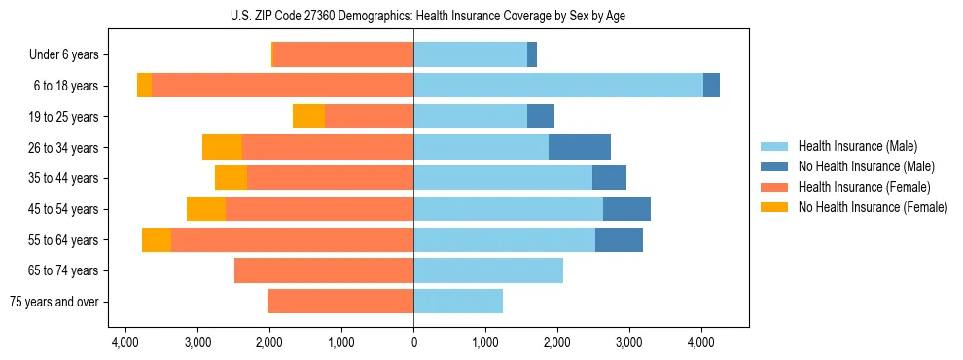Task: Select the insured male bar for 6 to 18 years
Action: pos(558,86)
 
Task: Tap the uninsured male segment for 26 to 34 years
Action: pos(580,147)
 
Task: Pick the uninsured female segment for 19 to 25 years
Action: pos(308,117)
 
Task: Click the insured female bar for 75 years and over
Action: pos(340,302)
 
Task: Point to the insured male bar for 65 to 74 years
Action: pos(488,270)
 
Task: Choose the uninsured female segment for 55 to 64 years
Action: pos(157,239)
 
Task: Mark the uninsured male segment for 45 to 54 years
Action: pos(626,209)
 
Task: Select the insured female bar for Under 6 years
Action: pos(343,55)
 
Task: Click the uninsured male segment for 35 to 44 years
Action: pos(609,178)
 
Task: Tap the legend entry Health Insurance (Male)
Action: pos(857,146)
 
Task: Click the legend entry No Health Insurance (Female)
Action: pos(873,207)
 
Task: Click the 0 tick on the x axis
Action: pos(413,342)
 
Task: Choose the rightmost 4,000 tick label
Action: pos(701,342)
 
